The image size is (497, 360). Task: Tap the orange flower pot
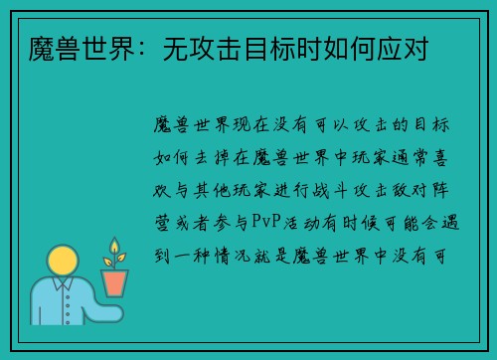pyautogui.click(x=115, y=282)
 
